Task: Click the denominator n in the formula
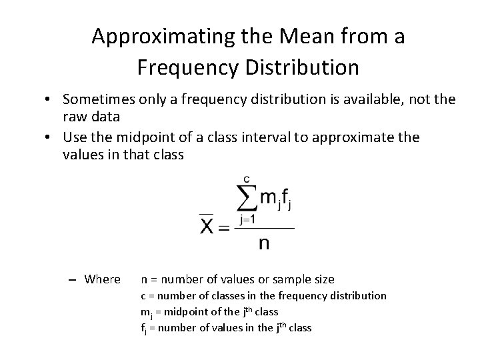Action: [264, 243]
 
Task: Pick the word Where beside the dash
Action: [103, 279]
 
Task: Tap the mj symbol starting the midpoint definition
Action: [145, 312]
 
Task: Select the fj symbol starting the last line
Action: [143, 328]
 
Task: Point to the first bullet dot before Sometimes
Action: [51, 99]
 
